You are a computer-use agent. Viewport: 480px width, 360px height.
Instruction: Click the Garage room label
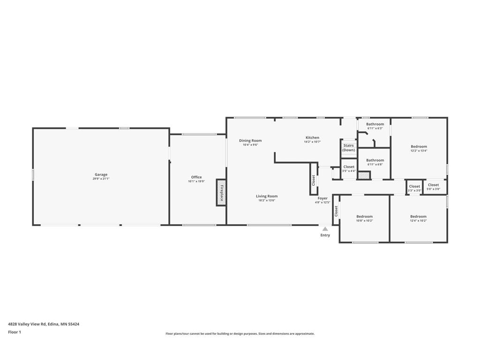coord(101,174)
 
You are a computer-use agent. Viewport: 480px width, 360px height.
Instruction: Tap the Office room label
coord(196,177)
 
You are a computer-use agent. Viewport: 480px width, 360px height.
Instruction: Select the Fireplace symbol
coord(221,192)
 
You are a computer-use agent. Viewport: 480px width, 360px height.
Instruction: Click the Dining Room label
coord(250,141)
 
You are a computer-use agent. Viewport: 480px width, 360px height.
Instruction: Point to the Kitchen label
coord(312,138)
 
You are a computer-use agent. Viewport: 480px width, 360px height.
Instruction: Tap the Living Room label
coord(267,196)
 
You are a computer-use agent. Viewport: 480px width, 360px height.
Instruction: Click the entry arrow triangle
coord(325,229)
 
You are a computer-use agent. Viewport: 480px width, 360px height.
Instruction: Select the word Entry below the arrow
coord(325,235)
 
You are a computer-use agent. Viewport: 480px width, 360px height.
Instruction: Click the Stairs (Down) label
coord(349,148)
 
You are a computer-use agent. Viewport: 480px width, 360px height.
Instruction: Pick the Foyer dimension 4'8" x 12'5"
coord(322,202)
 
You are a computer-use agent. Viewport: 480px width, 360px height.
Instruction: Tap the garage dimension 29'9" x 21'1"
coord(101,179)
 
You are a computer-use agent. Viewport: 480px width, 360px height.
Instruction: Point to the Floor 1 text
coord(15,332)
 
